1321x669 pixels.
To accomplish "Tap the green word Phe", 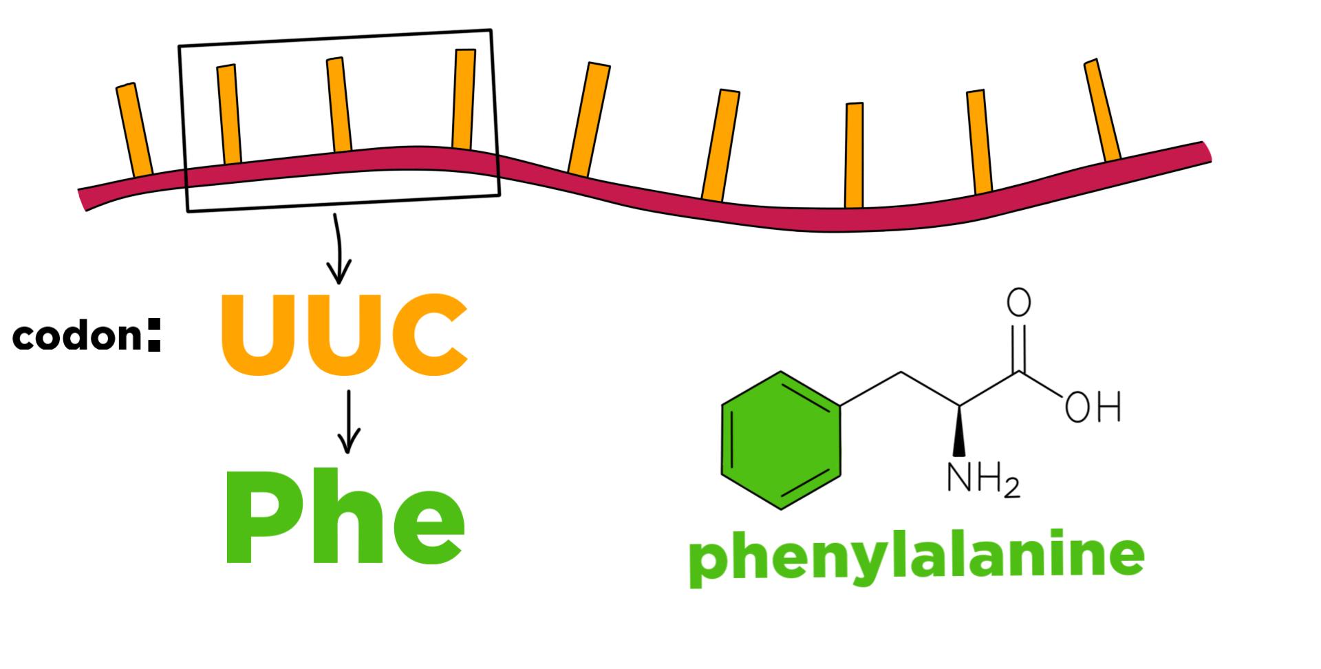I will [344, 518].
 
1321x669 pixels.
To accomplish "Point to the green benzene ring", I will [781, 440].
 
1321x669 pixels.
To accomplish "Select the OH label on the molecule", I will [1093, 407].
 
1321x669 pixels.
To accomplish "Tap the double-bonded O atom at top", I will [1019, 303].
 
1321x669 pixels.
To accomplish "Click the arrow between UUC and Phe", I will [350, 421].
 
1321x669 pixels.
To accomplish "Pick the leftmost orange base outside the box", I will [134, 130].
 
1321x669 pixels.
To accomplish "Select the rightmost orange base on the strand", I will [1102, 110].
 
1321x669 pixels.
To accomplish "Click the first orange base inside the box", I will [229, 114].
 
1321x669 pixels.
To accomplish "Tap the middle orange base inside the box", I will [339, 105].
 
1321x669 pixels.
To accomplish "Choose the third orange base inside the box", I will [464, 99].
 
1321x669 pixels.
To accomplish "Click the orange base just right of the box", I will [589, 118].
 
